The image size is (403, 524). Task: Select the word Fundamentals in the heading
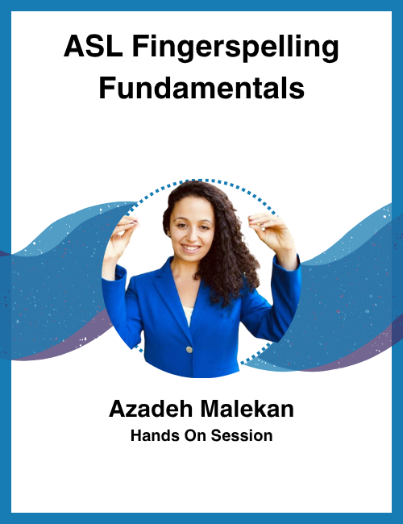[x=201, y=87]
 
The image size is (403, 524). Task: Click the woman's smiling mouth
[x=192, y=247]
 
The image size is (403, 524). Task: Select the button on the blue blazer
[x=190, y=350]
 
